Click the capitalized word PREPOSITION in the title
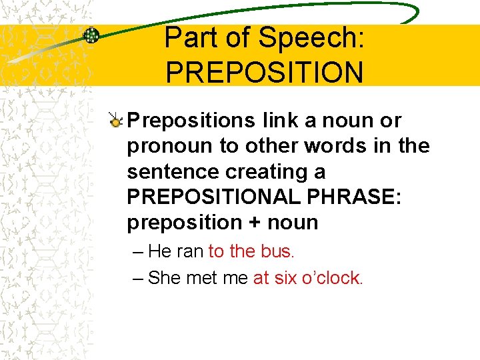(265, 73)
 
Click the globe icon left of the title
(91, 36)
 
